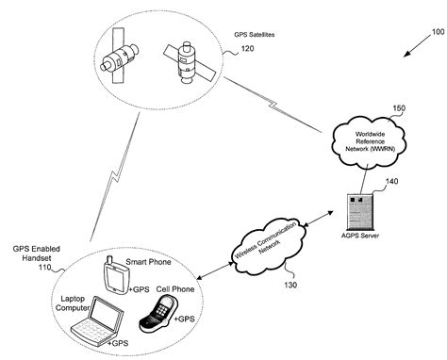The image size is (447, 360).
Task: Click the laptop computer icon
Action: [x=95, y=320]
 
